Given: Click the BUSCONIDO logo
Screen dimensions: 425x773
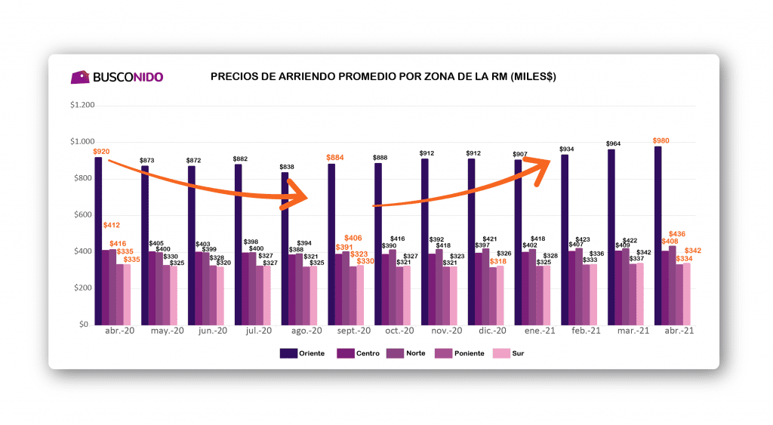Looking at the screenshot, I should click(116, 77).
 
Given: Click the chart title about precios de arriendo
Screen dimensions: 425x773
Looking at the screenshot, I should click(383, 77).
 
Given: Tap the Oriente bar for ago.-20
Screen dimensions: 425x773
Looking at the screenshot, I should click(285, 249).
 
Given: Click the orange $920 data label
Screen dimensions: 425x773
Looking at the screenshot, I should click(101, 152).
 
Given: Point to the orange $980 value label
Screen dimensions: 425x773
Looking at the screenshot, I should click(661, 140).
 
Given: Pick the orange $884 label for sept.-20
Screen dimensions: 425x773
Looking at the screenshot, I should click(334, 158).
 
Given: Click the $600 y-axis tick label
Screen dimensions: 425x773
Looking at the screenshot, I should click(84, 214).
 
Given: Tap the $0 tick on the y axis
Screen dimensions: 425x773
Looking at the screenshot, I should click(89, 325).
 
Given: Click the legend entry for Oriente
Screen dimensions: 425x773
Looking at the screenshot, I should click(302, 353).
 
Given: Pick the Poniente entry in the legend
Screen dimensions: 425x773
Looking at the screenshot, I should click(457, 353).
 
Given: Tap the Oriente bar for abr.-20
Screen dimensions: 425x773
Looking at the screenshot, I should click(98, 241).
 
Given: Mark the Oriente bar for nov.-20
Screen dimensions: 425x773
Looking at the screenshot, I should click(425, 242).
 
